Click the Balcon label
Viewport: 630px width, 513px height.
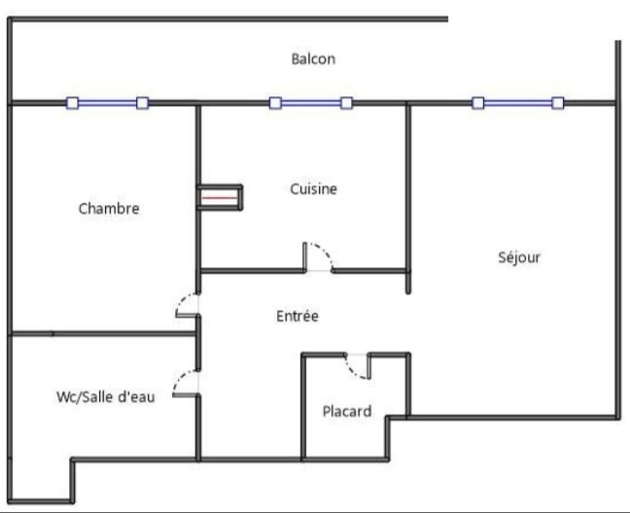[x=313, y=59]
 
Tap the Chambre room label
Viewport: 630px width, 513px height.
[x=109, y=208]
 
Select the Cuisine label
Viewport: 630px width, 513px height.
[x=314, y=188]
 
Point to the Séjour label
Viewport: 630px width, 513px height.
[x=518, y=257]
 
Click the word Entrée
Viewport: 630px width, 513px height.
[x=297, y=316]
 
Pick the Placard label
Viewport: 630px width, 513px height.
[x=347, y=411]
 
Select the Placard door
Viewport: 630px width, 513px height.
[x=358, y=366]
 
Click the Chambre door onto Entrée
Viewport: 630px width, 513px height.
[x=188, y=303]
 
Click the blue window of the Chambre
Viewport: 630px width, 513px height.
[x=107, y=102]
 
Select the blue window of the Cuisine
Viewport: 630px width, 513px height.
[x=311, y=102]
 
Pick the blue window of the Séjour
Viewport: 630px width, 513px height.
[x=518, y=102]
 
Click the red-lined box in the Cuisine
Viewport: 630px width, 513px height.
[x=219, y=197]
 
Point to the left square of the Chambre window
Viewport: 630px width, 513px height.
[x=72, y=102]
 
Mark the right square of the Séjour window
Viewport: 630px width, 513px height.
[x=558, y=102]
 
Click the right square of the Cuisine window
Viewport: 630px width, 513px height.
[x=346, y=102]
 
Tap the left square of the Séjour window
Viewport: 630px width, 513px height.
[x=478, y=102]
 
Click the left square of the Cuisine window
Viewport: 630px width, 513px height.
[x=275, y=102]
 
